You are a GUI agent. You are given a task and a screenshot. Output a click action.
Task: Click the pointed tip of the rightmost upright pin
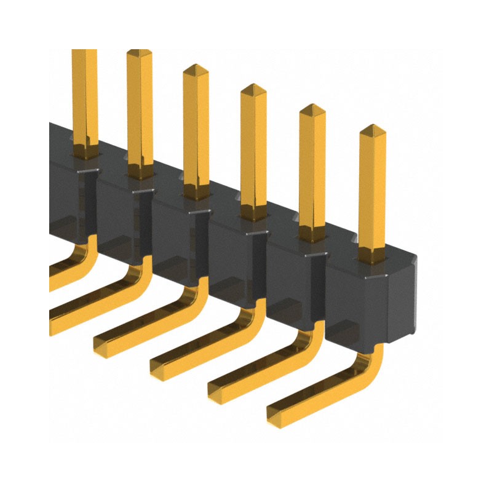point(373,129)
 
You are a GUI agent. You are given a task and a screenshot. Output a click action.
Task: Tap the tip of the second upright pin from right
point(312,109)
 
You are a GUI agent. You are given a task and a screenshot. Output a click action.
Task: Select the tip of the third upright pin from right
point(252,88)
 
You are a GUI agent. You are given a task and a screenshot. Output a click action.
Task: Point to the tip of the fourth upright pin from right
point(196,68)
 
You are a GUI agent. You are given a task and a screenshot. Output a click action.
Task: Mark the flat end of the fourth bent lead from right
point(102,341)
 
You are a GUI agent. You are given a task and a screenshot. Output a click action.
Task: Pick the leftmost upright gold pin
point(84,98)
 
